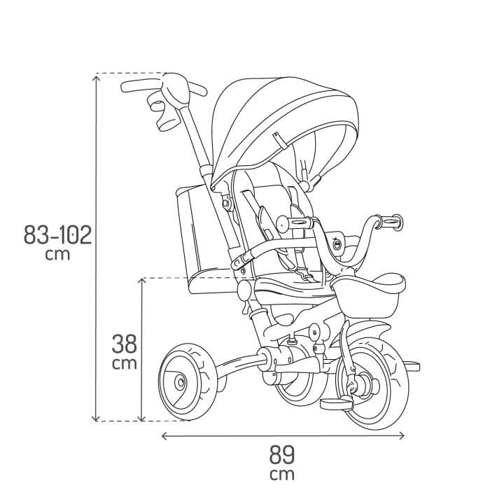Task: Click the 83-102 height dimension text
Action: (57, 234)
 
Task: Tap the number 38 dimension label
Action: (125, 344)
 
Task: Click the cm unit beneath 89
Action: (282, 475)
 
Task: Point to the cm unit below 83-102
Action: (57, 254)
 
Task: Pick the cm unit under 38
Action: (125, 364)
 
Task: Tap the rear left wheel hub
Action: (180, 382)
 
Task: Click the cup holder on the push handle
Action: (165, 115)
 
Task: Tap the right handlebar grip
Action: (388, 223)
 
